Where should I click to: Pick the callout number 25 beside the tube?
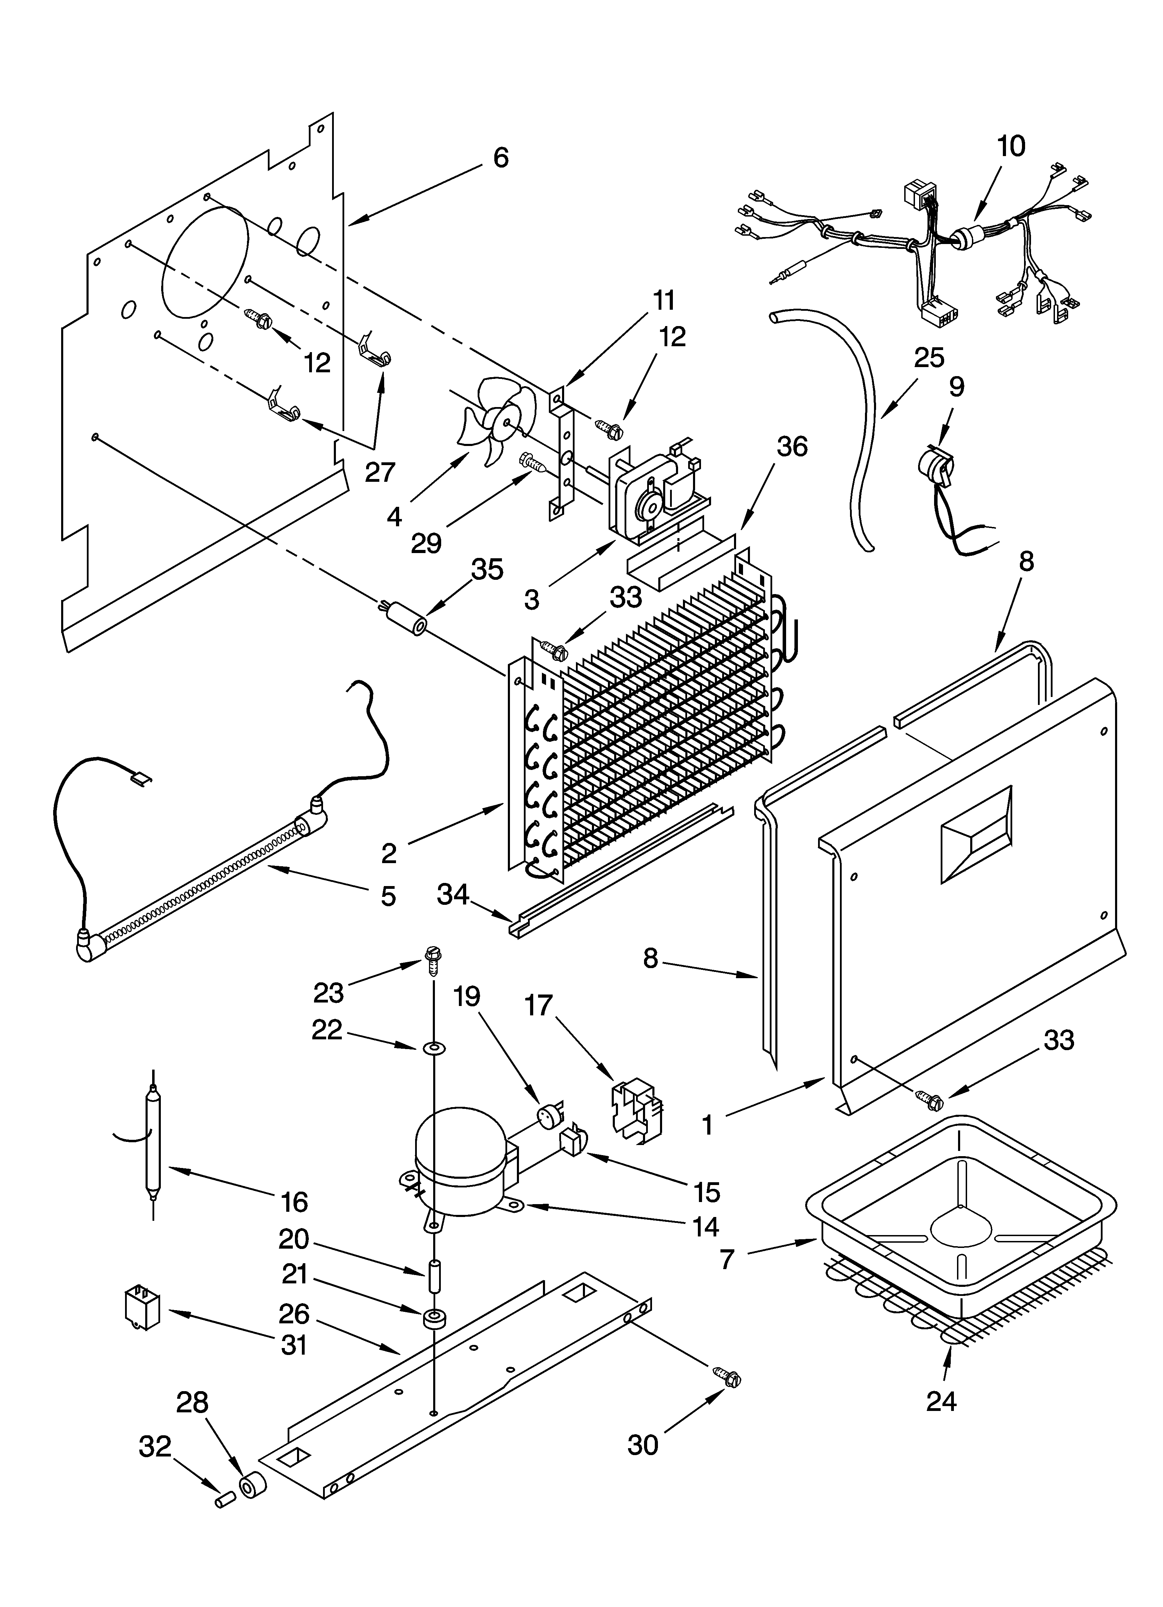[929, 358]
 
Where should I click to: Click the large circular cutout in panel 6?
[205, 262]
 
